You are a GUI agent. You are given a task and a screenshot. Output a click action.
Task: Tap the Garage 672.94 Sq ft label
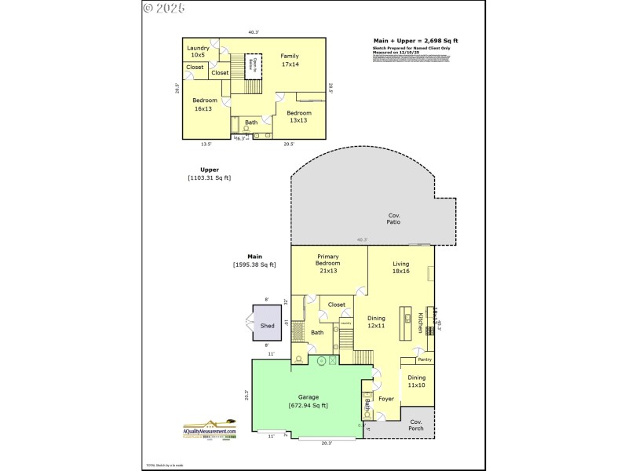pos(308,400)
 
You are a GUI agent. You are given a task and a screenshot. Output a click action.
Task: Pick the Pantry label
pos(425,360)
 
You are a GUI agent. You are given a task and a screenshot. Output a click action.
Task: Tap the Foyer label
pos(386,399)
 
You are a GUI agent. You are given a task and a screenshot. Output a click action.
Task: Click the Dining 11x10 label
pos(416,382)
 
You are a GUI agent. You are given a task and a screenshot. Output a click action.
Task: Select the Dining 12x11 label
pos(377,321)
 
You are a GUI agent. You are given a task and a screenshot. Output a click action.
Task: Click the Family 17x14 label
pos(290,60)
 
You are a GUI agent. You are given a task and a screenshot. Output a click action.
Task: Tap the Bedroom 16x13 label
pos(203,104)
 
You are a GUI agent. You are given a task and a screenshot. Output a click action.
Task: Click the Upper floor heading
pos(210,170)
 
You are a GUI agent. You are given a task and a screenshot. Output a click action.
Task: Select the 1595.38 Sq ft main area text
pos(254,265)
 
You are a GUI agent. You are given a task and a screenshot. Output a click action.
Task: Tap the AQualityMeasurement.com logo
pos(210,430)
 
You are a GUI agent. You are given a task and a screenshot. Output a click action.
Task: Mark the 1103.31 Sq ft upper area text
pos(210,178)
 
